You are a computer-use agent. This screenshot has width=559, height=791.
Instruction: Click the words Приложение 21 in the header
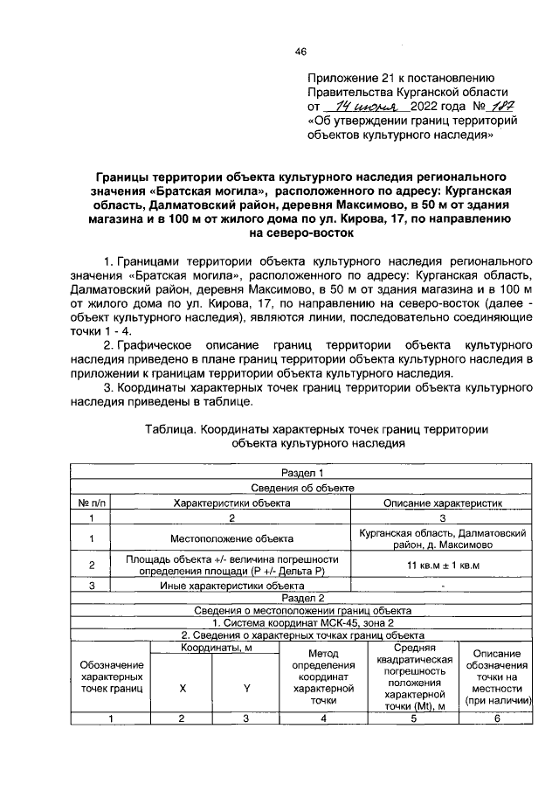(x=351, y=77)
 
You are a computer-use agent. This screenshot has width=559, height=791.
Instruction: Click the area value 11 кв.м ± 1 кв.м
(x=445, y=565)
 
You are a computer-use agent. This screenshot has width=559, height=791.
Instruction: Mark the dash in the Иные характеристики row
(x=445, y=585)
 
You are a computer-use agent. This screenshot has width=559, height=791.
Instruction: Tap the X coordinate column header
(x=182, y=689)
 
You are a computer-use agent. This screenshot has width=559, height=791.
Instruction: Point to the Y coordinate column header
(x=246, y=689)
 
